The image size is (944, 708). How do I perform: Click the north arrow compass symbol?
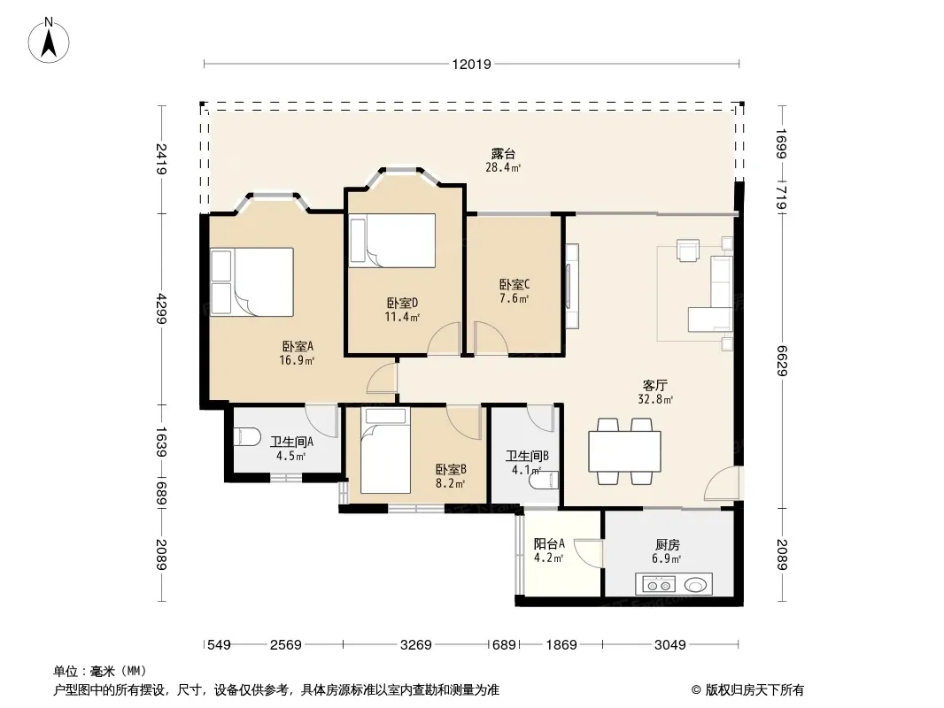click(49, 41)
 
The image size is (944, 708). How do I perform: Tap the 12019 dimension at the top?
click(472, 65)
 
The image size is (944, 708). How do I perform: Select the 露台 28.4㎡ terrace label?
click(503, 160)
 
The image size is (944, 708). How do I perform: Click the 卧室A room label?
click(298, 347)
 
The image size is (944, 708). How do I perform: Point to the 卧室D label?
click(402, 304)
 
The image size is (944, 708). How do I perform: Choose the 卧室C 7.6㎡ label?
click(515, 291)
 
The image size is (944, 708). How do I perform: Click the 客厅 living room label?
click(655, 386)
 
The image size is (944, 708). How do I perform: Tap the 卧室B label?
click(451, 469)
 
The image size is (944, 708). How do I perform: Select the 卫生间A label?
click(291, 442)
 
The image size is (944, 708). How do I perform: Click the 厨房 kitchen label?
click(667, 545)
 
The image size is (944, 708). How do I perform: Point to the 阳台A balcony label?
click(549, 544)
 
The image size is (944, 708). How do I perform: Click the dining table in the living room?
click(624, 451)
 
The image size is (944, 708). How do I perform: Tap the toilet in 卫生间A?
click(247, 436)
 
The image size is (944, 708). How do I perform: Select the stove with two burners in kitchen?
click(657, 585)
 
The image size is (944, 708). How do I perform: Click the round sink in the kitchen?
click(695, 585)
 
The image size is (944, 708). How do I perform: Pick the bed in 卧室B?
click(386, 450)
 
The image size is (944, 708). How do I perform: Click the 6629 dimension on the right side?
click(782, 360)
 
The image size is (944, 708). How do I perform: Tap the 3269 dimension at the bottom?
click(416, 645)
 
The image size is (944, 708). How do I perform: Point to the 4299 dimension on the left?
click(161, 309)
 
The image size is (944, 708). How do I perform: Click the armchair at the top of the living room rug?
click(687, 250)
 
